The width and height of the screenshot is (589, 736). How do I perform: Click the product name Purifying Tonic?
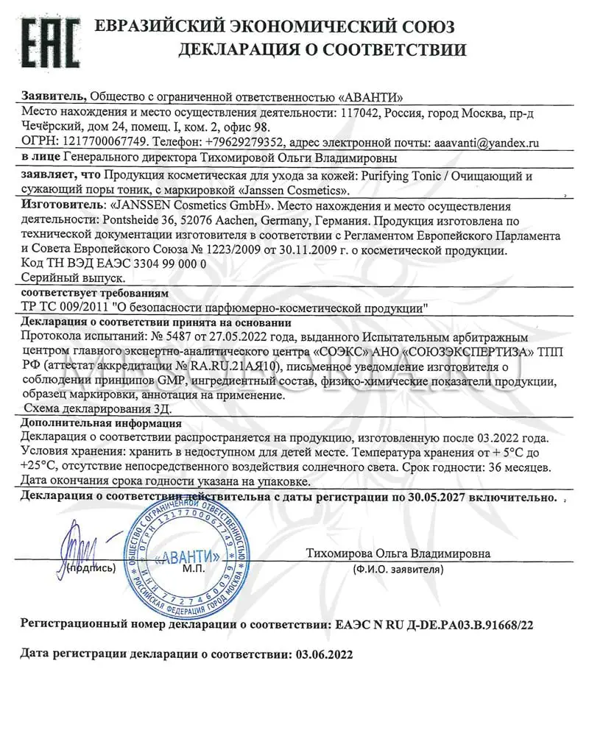(397, 174)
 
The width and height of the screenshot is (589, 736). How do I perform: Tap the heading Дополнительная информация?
(101, 424)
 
